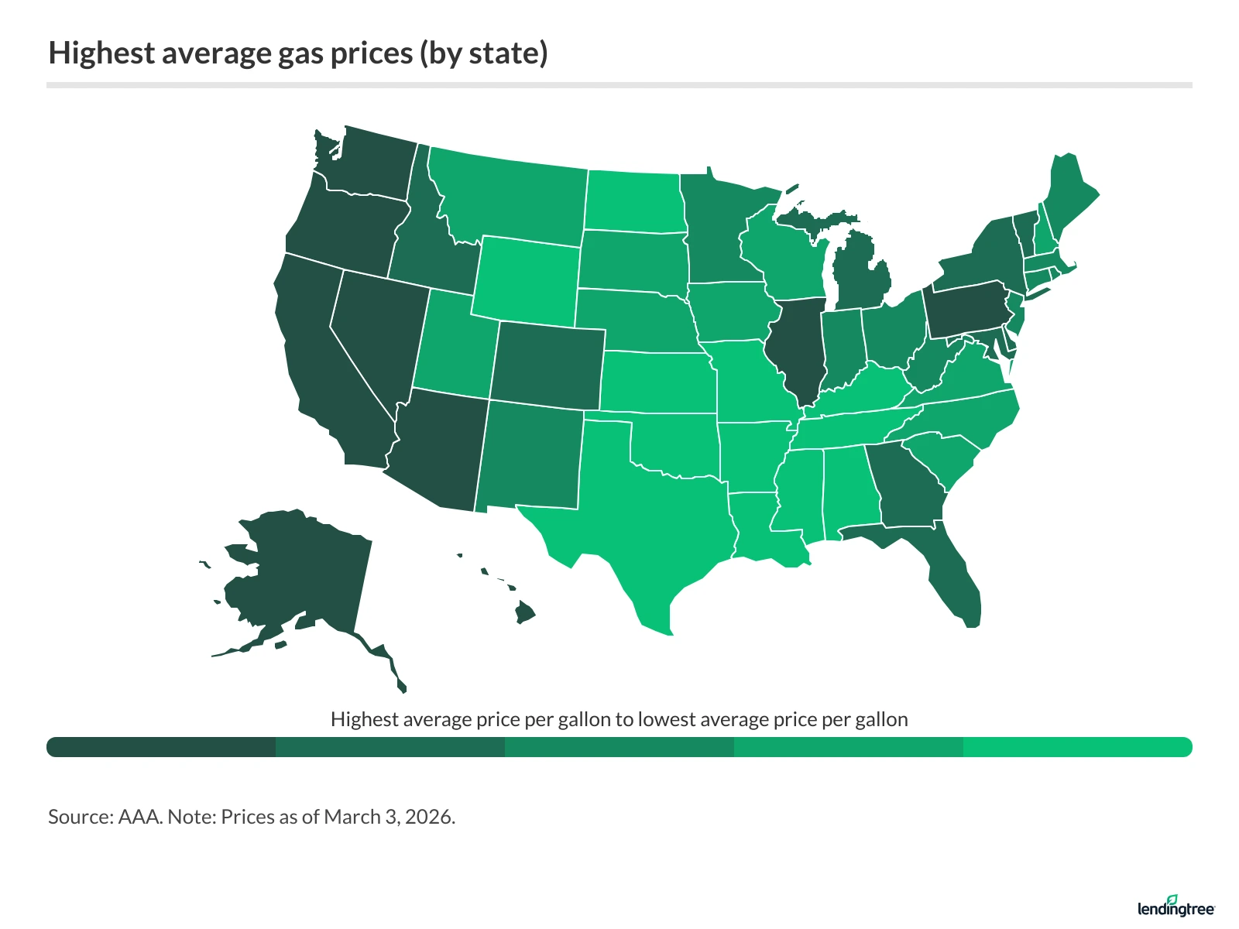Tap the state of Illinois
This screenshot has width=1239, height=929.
(798, 348)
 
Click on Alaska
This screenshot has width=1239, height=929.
(302, 573)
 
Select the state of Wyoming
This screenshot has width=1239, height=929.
(527, 279)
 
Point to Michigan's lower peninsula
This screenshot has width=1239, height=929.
(860, 279)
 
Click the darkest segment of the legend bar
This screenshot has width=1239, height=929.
(161, 747)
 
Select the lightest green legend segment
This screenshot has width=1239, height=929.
(1076, 747)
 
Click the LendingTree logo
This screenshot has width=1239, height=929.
(1176, 907)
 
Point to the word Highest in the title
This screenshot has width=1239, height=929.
(101, 53)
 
